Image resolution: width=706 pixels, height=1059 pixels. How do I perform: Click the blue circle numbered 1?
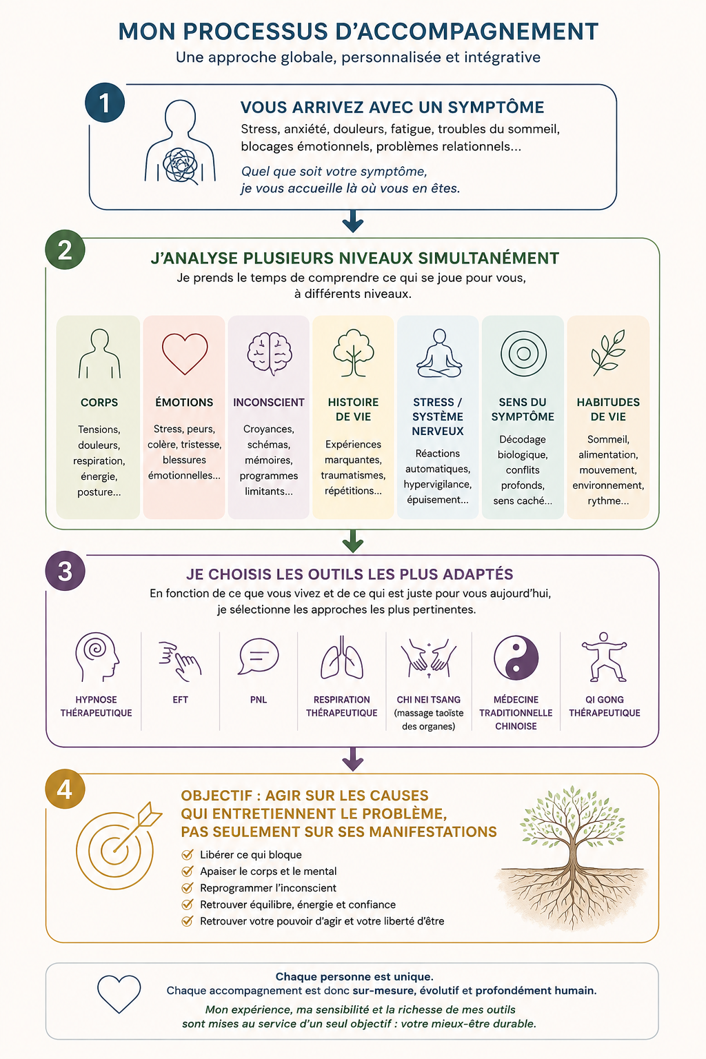[105, 103]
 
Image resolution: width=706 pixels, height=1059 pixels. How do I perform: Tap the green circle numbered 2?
[65, 250]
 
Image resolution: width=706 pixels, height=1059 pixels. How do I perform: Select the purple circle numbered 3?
[65, 571]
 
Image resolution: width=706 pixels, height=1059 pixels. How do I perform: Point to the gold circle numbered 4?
[65, 789]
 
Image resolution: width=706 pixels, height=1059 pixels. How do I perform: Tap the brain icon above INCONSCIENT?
[269, 354]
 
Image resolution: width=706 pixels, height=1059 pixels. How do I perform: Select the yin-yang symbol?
[516, 657]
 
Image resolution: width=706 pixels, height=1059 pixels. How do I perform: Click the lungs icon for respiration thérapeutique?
[342, 657]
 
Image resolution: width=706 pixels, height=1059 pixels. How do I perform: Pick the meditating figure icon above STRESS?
[438, 353]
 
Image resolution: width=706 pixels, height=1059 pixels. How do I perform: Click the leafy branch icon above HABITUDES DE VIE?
[608, 353]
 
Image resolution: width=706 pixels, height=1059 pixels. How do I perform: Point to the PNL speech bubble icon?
[258, 656]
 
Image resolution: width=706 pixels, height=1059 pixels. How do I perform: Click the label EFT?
[180, 700]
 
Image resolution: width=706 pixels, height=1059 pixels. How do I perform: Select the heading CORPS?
[99, 403]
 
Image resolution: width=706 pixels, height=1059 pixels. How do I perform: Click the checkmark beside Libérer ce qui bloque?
[188, 855]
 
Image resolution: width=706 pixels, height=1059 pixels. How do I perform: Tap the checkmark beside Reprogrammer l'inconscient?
[188, 888]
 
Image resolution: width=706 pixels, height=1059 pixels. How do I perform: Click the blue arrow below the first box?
[353, 221]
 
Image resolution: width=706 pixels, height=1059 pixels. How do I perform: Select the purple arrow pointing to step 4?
[353, 759]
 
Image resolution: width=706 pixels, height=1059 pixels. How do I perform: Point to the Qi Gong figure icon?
[605, 656]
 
